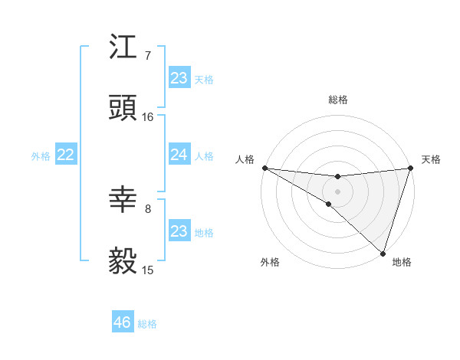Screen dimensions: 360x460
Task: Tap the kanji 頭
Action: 123,109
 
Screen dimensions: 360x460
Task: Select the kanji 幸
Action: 123,200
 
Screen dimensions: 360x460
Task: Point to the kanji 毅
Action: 123,261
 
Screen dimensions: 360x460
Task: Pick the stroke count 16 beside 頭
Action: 148,117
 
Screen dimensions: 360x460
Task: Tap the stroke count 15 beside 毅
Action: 148,270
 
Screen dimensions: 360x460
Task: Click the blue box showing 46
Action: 123,322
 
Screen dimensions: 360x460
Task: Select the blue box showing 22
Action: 66,155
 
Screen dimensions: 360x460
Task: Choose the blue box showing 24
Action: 179,155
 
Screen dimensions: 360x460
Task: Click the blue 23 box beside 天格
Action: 179,78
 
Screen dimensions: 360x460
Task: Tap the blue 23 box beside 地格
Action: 179,231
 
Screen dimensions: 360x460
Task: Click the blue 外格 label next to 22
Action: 41,156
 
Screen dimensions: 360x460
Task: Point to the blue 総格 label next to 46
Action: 147,324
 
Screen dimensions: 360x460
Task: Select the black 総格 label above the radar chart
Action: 337,100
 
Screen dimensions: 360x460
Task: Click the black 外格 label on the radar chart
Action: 270,263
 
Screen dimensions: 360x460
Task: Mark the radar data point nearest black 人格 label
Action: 264,168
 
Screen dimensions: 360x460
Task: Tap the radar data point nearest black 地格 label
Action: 383,253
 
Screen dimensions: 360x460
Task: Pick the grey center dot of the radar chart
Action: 337,191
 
